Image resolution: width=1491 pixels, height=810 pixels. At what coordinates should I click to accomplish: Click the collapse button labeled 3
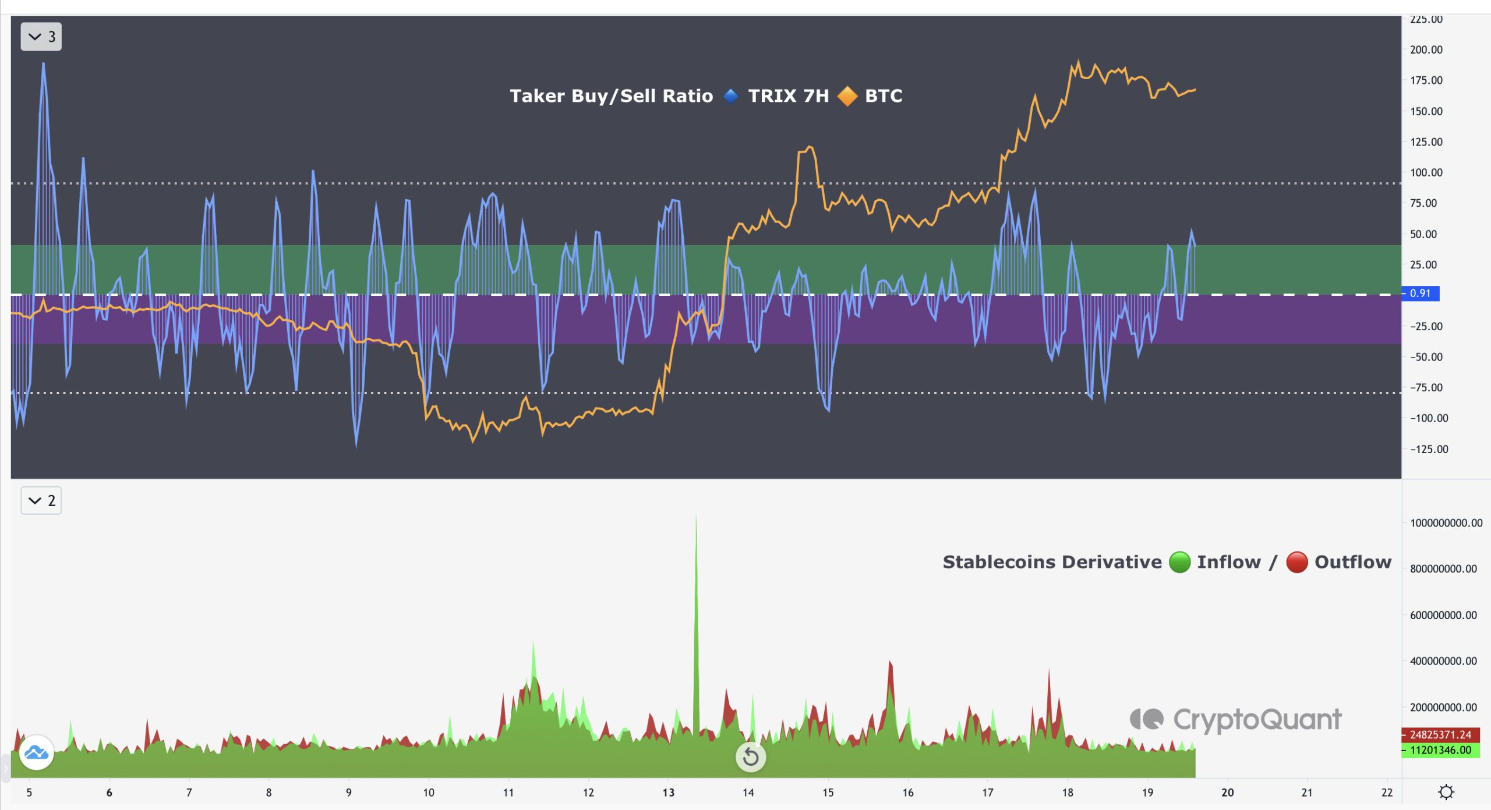click(x=41, y=37)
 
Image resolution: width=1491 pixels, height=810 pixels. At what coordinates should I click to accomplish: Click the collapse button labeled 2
click(x=41, y=500)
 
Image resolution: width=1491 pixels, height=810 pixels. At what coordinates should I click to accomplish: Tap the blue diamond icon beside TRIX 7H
click(x=730, y=96)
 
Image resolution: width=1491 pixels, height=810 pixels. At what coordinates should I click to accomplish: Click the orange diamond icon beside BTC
click(x=847, y=96)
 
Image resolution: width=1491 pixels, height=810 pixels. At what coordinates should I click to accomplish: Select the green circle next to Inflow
click(x=1179, y=562)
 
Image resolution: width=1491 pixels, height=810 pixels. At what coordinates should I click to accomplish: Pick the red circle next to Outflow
click(x=1297, y=562)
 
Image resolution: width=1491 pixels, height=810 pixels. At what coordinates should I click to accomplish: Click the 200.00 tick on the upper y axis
click(x=1426, y=49)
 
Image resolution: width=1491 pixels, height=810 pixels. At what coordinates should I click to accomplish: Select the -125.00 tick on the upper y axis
click(x=1429, y=449)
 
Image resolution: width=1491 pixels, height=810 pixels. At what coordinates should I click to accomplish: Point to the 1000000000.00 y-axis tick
click(x=1446, y=523)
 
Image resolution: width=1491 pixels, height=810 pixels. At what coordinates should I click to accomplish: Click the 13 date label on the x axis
click(x=668, y=793)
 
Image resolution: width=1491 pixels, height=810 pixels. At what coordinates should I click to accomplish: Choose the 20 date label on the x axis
click(x=1227, y=793)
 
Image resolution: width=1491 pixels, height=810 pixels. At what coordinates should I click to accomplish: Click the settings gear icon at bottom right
click(x=1446, y=792)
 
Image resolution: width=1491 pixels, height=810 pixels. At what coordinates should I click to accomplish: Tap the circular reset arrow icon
click(x=751, y=757)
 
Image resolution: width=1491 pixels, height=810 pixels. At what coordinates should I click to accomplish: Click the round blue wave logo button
click(x=36, y=752)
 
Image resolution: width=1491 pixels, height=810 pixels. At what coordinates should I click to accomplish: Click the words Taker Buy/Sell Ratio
click(x=611, y=96)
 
